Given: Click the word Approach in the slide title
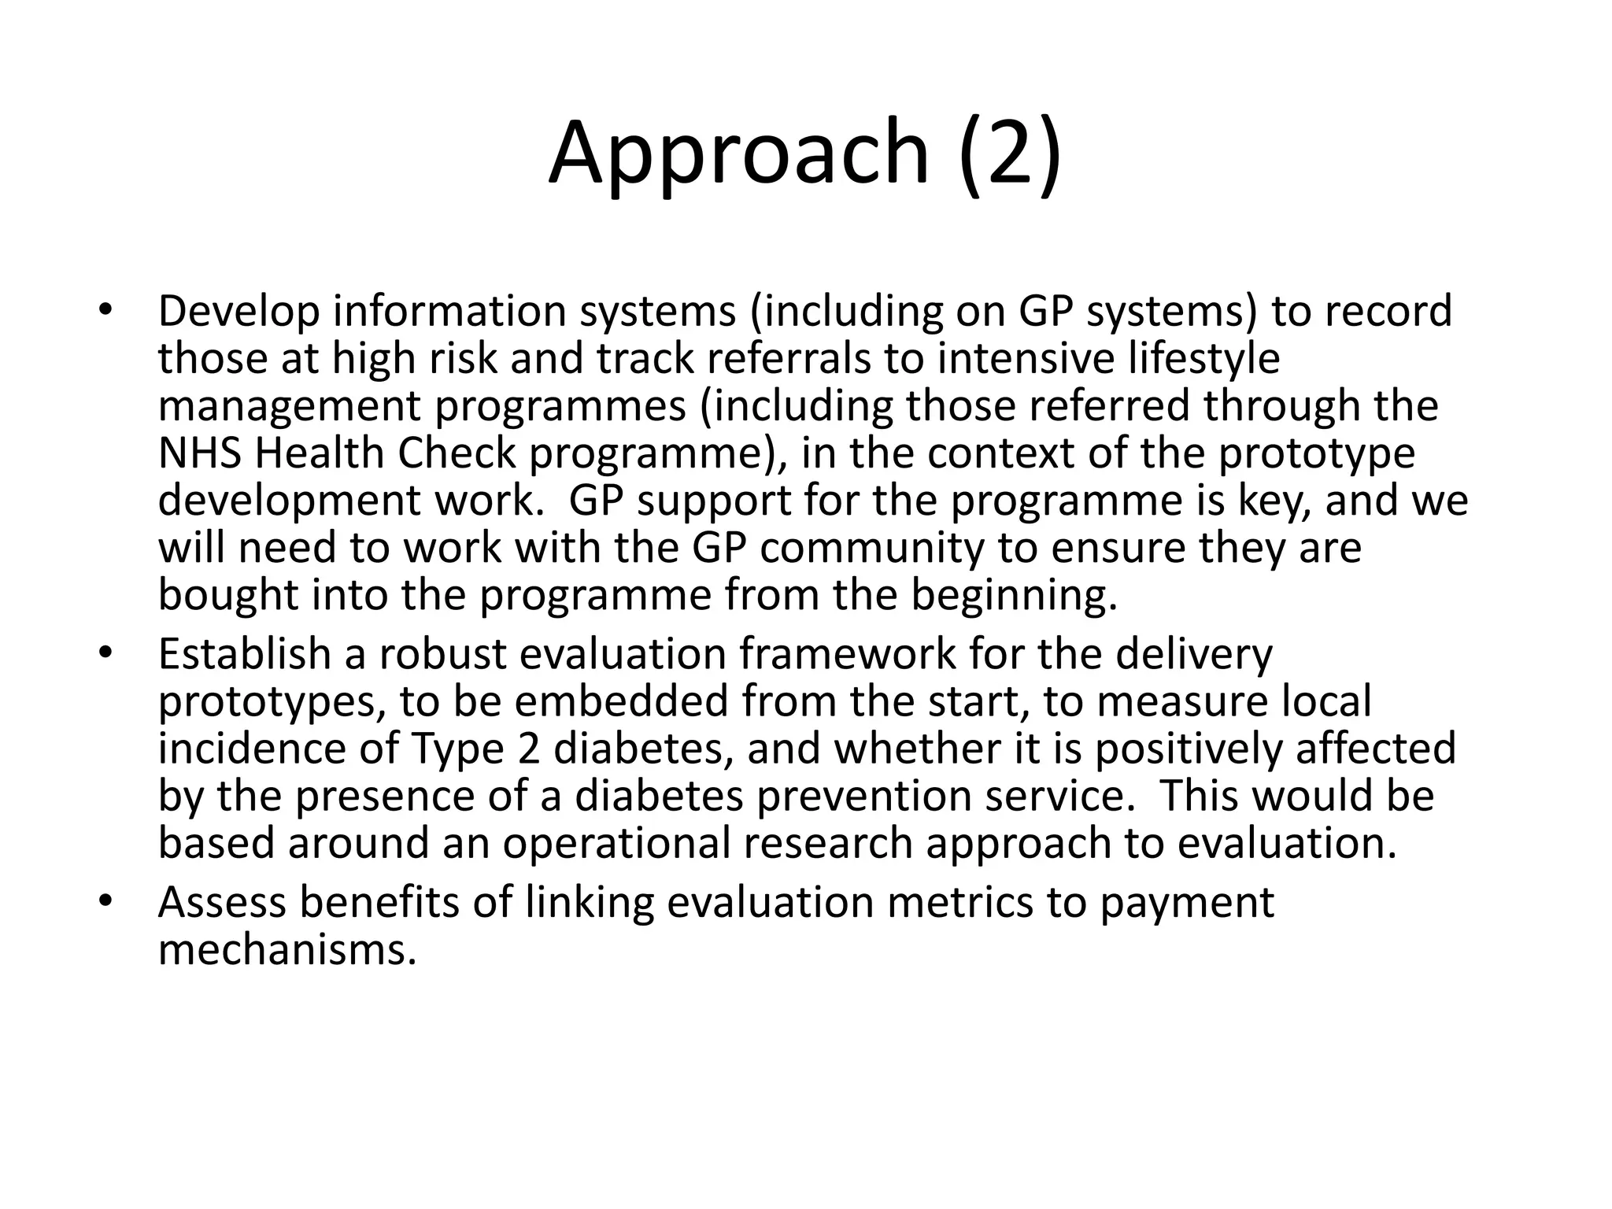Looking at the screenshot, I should pyautogui.click(x=739, y=153).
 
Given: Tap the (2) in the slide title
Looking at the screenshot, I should pyautogui.click(x=1010, y=153).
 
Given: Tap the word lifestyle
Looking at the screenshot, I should pyautogui.click(x=1194, y=359).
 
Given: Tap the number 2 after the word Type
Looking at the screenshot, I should pyautogui.click(x=530, y=749).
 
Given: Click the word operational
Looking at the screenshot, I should pyautogui.click(x=617, y=843).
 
